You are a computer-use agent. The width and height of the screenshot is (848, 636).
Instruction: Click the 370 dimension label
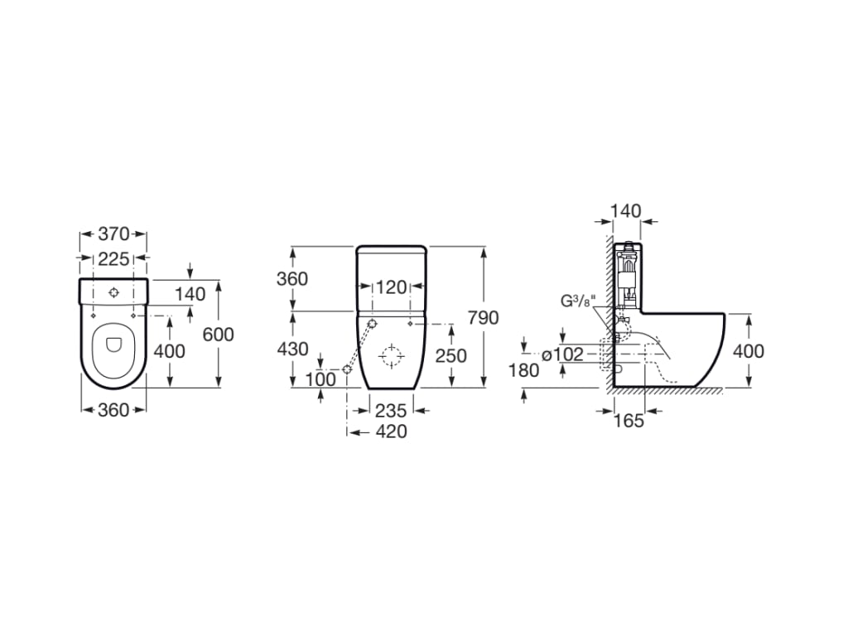(113, 234)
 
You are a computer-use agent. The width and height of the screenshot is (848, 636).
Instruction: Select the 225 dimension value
(113, 259)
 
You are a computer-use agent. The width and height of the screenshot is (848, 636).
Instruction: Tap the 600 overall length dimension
(218, 335)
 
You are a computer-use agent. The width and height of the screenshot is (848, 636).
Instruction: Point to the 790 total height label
(483, 317)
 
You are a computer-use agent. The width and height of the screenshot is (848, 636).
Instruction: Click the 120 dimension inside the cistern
(391, 287)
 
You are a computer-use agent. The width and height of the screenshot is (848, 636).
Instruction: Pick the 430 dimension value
(292, 349)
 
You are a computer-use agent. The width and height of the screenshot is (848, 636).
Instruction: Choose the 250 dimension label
(451, 355)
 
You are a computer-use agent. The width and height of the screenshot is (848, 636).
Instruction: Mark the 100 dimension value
(320, 379)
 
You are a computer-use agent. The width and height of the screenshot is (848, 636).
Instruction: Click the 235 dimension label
(391, 411)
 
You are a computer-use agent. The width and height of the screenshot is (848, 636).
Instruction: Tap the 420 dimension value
(391, 431)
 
